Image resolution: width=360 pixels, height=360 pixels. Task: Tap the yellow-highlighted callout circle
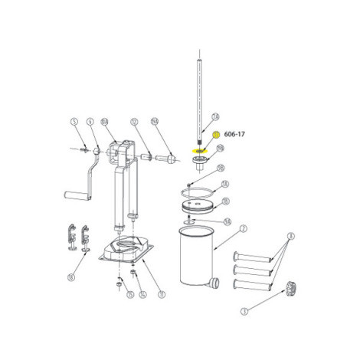pyautogui.click(x=217, y=136)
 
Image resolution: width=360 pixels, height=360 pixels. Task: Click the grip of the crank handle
pyautogui.click(x=77, y=197)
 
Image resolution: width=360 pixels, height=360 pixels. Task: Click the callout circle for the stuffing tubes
pyautogui.click(x=291, y=236)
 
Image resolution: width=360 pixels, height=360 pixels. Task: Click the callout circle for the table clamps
pyautogui.click(x=70, y=277)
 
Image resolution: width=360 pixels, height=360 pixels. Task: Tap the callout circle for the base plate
pyautogui.click(x=162, y=293)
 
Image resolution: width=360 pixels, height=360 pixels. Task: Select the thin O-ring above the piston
pyautogui.click(x=198, y=186)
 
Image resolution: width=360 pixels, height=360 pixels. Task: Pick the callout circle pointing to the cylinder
pyautogui.click(x=244, y=227)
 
